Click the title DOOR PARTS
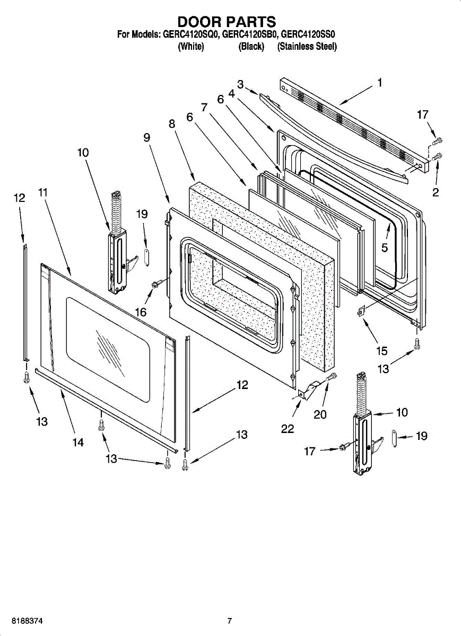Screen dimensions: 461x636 227,22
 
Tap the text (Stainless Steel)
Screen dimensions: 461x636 307,47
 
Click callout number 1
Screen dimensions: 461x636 379,83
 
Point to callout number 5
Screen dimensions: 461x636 384,248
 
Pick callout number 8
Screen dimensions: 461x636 172,124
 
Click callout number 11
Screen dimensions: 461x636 42,192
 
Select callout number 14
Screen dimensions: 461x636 78,443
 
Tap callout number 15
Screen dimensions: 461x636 382,351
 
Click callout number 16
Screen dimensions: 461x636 141,312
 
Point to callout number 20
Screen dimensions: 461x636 320,414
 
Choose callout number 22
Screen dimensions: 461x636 288,429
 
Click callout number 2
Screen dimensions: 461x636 436,192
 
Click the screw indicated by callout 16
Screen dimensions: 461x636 157,283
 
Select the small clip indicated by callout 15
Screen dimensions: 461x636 360,311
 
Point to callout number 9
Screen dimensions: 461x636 146,138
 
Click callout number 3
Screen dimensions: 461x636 240,84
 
